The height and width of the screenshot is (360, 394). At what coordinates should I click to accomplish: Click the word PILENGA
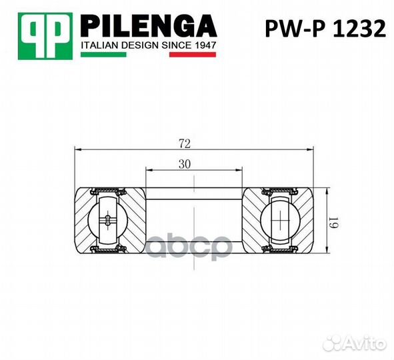(148, 26)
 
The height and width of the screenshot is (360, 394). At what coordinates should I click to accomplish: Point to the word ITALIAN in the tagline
(98, 45)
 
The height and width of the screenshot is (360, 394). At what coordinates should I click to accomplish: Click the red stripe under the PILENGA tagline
(193, 54)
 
